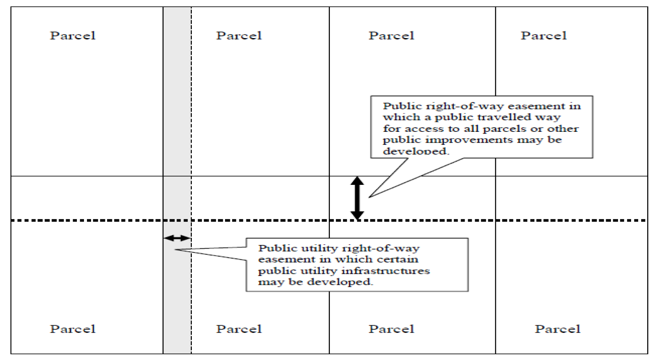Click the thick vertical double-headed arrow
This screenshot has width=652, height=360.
(x=357, y=198)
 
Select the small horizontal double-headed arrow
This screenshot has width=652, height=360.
(x=177, y=238)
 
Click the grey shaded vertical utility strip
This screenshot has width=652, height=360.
(x=177, y=180)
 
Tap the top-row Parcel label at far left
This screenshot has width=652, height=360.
(x=73, y=35)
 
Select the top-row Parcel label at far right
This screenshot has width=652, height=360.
(x=544, y=35)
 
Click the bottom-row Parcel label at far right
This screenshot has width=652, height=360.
(x=558, y=329)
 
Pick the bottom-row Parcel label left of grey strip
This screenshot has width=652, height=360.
(x=73, y=329)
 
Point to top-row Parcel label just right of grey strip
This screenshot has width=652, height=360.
(x=239, y=35)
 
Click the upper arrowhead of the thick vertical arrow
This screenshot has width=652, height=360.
(x=357, y=181)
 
